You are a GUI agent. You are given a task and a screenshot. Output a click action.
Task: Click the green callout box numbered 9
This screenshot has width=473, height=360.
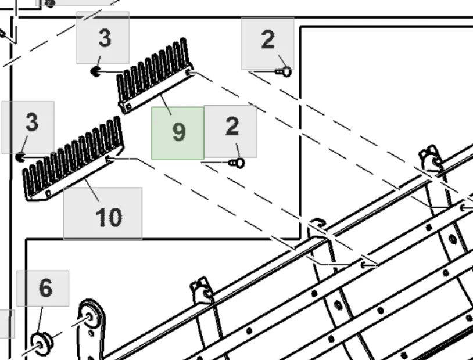point(178,133)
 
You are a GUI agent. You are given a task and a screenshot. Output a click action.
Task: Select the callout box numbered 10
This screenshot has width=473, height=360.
point(103,213)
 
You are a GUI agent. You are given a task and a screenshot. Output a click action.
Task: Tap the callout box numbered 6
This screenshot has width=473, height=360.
point(43,289)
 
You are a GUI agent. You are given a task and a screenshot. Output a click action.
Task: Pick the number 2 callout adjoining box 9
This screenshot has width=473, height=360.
point(231,131)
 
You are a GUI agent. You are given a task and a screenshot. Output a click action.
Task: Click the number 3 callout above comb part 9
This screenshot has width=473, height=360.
point(103,38)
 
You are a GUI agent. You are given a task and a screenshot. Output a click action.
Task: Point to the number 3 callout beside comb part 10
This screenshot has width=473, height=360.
point(28,128)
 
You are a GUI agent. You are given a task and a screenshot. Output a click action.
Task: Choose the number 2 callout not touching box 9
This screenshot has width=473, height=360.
point(267,44)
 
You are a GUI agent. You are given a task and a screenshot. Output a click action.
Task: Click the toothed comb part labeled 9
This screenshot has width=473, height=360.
point(155,75)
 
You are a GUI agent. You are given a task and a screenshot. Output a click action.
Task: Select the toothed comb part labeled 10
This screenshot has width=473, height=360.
point(73,159)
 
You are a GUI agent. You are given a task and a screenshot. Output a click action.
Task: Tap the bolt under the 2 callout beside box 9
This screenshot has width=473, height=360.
point(237,163)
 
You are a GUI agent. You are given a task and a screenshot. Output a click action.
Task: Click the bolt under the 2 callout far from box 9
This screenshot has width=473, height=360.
point(284,72)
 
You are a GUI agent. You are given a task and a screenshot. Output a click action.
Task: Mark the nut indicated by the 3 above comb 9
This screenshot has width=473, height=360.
point(96,71)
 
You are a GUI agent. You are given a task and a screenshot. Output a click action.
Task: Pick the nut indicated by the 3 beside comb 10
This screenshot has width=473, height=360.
point(20,157)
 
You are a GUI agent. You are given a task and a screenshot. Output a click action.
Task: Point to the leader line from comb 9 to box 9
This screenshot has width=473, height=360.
point(166,105)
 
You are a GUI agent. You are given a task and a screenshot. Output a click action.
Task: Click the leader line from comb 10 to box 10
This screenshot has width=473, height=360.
point(92,190)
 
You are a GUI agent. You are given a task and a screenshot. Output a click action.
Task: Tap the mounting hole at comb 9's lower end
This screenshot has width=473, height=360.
point(128,106)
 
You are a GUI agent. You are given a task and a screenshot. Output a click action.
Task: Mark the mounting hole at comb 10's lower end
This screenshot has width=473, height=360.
point(49,193)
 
